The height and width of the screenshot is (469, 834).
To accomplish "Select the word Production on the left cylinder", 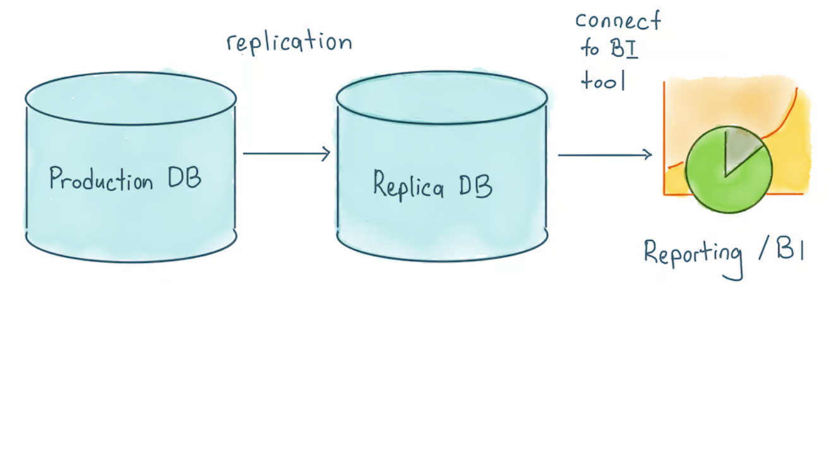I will (101, 180).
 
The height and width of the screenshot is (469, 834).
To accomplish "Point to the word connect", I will (617, 21).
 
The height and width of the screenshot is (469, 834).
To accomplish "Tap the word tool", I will (603, 81).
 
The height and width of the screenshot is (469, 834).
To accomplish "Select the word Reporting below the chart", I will (693, 254).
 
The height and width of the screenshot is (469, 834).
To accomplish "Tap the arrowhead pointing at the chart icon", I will (648, 154).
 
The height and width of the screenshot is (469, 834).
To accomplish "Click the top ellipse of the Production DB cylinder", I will (131, 99).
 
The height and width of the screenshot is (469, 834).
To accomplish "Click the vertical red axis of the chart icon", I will (664, 139).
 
